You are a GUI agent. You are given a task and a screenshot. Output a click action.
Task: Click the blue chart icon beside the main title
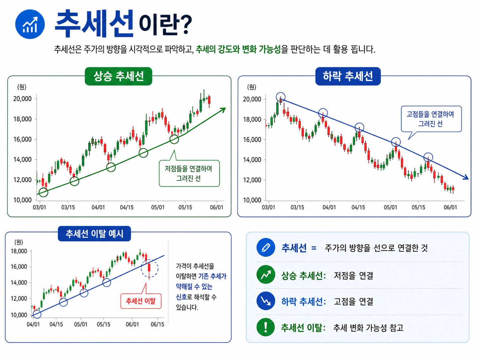click(30, 24)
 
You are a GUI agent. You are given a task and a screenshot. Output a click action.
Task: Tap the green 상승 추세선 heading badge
click(118, 76)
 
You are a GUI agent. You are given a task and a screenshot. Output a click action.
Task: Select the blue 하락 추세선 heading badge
click(348, 76)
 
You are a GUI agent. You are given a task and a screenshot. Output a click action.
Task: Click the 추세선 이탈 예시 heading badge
click(94, 234)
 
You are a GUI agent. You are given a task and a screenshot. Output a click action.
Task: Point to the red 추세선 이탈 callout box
click(141, 301)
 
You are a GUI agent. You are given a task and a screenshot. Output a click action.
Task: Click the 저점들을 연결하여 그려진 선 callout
click(189, 173)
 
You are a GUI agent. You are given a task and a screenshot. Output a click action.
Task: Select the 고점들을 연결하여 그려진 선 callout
click(431, 119)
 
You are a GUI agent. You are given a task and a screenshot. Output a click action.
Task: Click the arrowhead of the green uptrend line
click(223, 110)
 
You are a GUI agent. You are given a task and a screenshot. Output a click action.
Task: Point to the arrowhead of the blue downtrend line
click(466, 177)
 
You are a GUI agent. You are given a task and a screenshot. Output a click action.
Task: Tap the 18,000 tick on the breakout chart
click(19, 251)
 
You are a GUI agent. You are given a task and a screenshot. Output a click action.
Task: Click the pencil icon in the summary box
click(266, 247)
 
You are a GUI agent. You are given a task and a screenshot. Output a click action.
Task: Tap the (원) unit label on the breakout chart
click(19, 242)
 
